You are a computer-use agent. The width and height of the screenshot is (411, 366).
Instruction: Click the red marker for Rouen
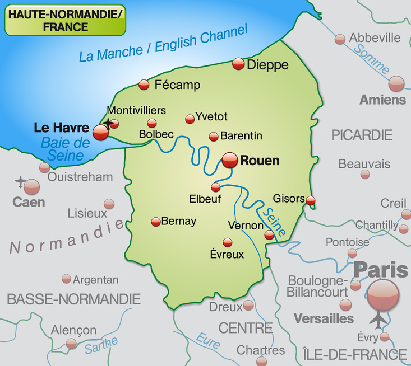[230, 161]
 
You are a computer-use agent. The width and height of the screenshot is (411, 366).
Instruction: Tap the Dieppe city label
[268, 65]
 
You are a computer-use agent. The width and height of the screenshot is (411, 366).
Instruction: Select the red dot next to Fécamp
[144, 85]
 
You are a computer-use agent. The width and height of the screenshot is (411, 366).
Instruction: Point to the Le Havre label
[61, 128]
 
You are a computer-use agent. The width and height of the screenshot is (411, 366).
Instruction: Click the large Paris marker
[384, 294]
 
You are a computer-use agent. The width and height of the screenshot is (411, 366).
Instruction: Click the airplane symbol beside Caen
[20, 182]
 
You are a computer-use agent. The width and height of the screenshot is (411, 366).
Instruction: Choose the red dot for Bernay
[156, 222]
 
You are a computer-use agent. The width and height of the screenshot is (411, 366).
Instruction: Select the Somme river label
[371, 59]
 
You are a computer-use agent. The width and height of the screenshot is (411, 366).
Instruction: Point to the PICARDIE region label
[361, 135]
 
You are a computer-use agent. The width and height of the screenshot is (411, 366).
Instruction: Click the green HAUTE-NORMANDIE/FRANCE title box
[65, 21]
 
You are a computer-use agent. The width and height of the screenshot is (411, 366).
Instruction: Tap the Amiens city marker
[396, 83]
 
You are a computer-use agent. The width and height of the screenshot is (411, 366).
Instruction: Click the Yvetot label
[211, 117]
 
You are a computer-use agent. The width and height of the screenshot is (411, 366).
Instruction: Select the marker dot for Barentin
[213, 137]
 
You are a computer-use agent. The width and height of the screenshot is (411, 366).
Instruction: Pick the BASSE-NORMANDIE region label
[73, 299]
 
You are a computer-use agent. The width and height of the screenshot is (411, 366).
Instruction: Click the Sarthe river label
[101, 345]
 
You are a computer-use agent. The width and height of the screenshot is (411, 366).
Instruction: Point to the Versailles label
[324, 319]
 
